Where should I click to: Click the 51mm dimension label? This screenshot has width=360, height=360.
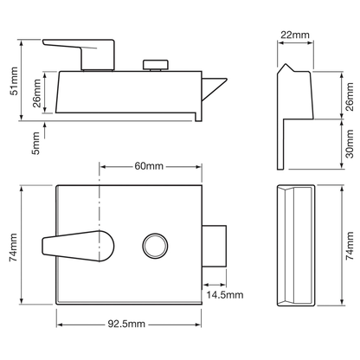click(x=14, y=81)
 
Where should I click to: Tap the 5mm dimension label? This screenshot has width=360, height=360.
click(x=35, y=143)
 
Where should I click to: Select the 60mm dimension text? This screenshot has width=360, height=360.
click(x=149, y=166)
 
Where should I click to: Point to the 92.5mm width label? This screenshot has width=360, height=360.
click(x=126, y=324)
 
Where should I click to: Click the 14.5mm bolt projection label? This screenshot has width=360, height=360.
click(x=225, y=295)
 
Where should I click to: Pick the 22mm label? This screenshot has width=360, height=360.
click(x=295, y=35)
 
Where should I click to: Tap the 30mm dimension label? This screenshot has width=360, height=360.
click(x=350, y=144)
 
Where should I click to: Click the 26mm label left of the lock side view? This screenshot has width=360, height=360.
click(x=37, y=93)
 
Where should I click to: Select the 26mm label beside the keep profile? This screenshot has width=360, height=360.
click(x=350, y=97)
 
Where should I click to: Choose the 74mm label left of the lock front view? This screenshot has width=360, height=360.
click(x=14, y=247)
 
